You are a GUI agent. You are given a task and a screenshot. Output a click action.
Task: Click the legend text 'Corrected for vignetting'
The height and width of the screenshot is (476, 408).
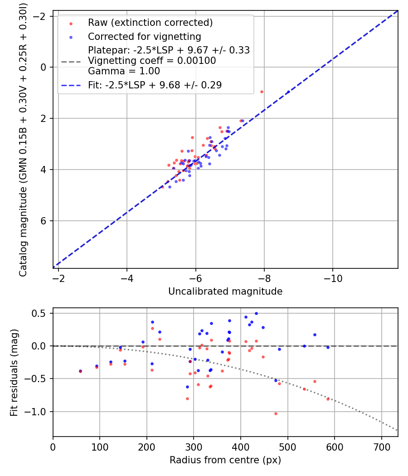(x=145, y=36)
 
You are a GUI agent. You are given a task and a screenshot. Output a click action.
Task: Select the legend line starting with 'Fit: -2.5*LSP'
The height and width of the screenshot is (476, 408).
(x=155, y=85)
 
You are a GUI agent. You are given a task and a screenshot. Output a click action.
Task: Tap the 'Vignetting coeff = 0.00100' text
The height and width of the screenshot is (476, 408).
(x=152, y=61)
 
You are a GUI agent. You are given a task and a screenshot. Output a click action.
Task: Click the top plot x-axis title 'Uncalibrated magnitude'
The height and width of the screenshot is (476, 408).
(x=225, y=291)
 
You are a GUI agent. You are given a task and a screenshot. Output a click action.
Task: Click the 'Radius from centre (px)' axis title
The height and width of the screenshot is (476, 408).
(x=225, y=460)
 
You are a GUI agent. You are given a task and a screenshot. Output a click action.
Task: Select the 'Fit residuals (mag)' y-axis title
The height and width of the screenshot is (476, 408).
(x=14, y=372)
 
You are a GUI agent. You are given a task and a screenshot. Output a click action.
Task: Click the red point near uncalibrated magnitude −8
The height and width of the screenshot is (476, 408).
(x=262, y=92)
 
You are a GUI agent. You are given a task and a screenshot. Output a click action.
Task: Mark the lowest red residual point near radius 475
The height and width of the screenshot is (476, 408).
(x=275, y=413)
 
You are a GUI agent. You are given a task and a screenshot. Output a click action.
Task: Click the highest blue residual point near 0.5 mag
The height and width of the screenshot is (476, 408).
(x=256, y=313)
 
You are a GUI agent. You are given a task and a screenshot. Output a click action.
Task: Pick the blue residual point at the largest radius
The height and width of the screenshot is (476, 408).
(x=328, y=347)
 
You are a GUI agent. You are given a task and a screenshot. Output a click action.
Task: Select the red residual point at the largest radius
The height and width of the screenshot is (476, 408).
(x=328, y=399)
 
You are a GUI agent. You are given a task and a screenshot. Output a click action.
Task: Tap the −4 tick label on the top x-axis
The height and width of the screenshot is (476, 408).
(x=126, y=277)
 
